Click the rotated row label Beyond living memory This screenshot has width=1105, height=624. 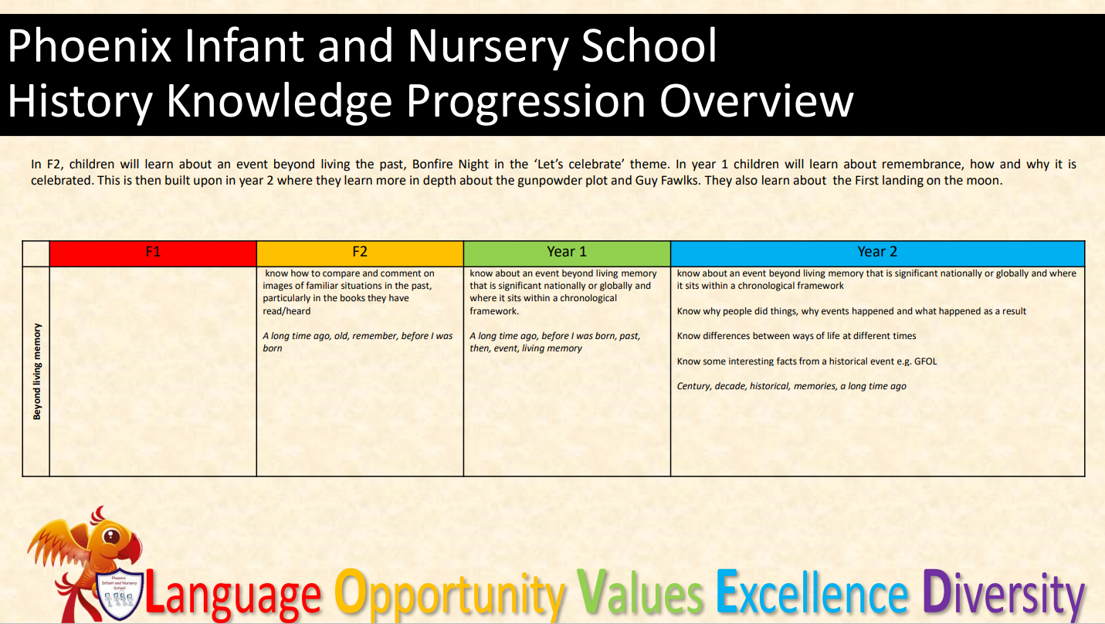[x=37, y=371]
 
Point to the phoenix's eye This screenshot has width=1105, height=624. [x=111, y=537]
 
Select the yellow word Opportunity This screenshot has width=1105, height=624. [x=449, y=594]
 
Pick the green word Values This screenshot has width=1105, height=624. [x=640, y=592]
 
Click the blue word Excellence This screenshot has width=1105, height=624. [x=812, y=592]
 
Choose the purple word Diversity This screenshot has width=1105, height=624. [x=1003, y=594]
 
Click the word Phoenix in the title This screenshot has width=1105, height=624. [x=90, y=46]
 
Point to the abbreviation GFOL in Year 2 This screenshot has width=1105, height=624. [x=925, y=361]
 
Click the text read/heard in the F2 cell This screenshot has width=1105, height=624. [x=286, y=311]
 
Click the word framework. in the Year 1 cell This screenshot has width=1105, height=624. [x=494, y=311]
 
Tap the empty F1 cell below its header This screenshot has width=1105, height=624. [x=153, y=371]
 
